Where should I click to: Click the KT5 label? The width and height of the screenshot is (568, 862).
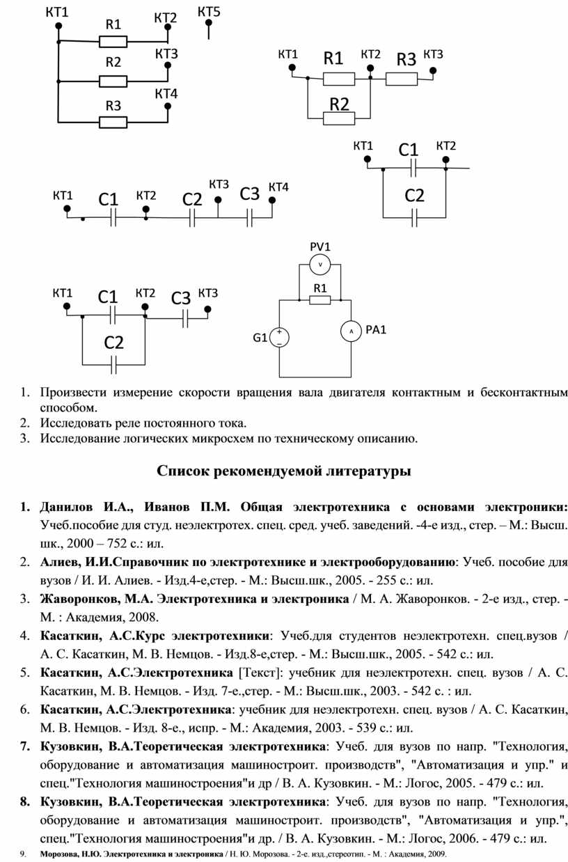click(209, 12)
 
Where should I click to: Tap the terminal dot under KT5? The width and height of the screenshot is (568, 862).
click(209, 23)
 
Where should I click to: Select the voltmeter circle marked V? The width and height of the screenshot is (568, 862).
click(319, 265)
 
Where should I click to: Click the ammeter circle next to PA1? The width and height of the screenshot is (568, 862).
click(351, 331)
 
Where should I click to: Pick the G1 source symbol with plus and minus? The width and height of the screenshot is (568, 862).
click(279, 338)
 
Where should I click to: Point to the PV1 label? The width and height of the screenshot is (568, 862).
click(320, 246)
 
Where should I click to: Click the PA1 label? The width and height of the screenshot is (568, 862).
click(376, 330)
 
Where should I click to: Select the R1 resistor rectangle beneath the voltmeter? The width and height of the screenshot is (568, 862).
click(319, 300)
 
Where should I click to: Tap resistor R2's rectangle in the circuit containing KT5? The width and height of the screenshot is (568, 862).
click(113, 81)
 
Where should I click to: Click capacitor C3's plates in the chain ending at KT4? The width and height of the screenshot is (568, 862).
click(249, 218)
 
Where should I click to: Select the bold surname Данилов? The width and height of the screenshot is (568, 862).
click(67, 507)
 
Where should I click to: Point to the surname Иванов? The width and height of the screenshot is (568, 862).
click(167, 507)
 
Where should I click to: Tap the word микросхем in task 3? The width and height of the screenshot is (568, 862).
click(223, 439)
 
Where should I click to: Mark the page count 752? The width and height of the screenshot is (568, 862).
click(116, 543)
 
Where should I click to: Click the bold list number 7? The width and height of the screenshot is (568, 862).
click(24, 747)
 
